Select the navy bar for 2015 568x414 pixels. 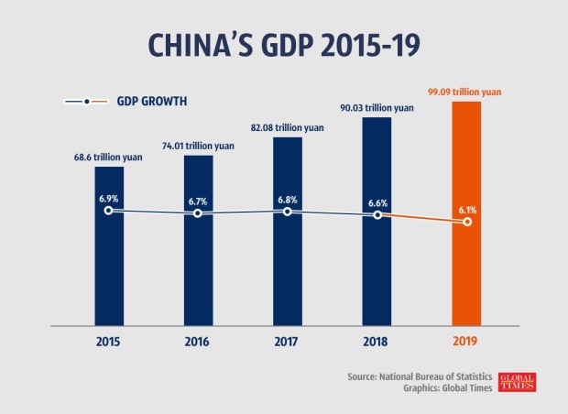[x=109, y=266]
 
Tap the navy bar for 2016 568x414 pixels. [x=199, y=266]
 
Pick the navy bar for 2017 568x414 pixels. [x=288, y=266]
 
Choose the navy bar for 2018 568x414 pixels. [x=377, y=266]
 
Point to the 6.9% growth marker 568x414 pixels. [x=109, y=211]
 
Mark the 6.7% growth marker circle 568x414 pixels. [x=199, y=214]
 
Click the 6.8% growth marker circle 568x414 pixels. [x=288, y=212]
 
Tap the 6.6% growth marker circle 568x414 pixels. [x=377, y=215]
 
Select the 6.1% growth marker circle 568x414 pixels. [x=467, y=222]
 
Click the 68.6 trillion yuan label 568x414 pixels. [x=109, y=157]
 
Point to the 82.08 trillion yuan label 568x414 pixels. [x=288, y=127]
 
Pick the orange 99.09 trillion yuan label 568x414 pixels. [x=467, y=92]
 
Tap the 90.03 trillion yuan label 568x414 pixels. [x=377, y=107]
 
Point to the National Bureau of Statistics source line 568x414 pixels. [x=422, y=376]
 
